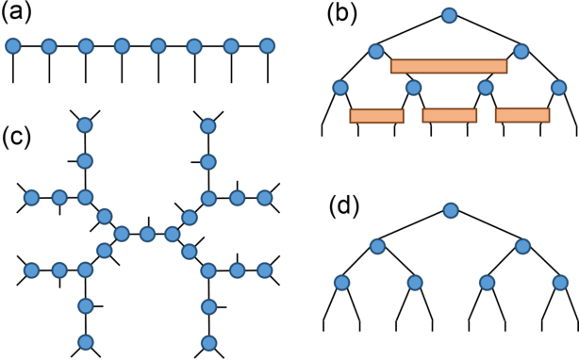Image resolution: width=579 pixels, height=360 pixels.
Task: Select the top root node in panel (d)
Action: click(x=450, y=210)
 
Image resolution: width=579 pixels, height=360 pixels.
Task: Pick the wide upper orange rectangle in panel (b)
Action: click(x=449, y=66)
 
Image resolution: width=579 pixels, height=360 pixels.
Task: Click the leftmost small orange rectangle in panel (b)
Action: click(x=376, y=116)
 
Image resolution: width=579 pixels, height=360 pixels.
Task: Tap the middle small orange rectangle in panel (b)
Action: click(x=449, y=116)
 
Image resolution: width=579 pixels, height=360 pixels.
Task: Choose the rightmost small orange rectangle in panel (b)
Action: click(x=521, y=116)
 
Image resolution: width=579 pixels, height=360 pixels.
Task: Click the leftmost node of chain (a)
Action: click(x=13, y=45)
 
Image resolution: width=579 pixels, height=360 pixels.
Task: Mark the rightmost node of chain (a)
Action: click(x=267, y=45)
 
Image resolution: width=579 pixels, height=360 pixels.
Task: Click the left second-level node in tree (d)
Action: click(x=377, y=246)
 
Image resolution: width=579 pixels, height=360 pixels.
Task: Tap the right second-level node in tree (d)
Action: click(x=522, y=246)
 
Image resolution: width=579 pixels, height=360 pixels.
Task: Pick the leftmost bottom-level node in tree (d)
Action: click(x=341, y=282)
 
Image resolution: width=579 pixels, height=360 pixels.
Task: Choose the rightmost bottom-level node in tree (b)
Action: click(x=558, y=88)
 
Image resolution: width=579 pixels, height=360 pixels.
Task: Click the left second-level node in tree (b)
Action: click(x=377, y=51)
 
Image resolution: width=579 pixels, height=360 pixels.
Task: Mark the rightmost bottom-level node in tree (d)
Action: click(x=558, y=282)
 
